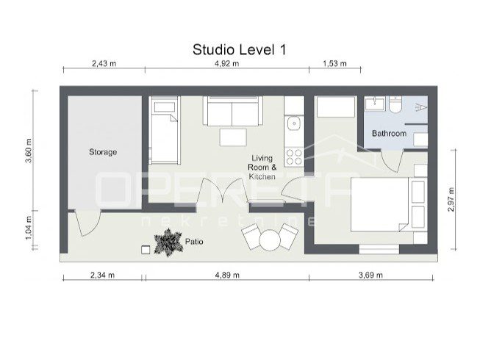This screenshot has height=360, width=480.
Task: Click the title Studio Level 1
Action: (x=240, y=49)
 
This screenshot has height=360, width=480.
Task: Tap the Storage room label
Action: (x=103, y=151)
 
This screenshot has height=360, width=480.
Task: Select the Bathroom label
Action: (x=389, y=134)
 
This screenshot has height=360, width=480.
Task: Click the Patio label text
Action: (x=194, y=242)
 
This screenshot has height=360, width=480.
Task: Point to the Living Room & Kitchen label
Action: (x=262, y=168)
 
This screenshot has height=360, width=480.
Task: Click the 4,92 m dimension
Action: (x=227, y=63)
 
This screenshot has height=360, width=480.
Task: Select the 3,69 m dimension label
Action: (x=370, y=275)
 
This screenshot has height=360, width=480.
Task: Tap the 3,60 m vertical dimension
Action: (x=29, y=151)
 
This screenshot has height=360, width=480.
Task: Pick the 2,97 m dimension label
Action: (x=451, y=199)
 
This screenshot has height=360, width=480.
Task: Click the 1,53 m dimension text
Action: (x=334, y=63)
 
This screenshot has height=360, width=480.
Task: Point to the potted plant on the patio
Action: (x=168, y=242)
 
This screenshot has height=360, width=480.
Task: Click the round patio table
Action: (x=270, y=240)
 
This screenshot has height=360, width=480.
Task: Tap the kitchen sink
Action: (x=293, y=123)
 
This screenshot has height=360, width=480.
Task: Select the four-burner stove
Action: (x=294, y=156)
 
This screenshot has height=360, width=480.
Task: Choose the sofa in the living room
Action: (x=233, y=111)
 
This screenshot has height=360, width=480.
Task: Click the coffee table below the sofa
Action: (x=233, y=137)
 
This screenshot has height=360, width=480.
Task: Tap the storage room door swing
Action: (x=88, y=223)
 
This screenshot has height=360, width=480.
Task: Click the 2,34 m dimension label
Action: (x=103, y=275)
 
